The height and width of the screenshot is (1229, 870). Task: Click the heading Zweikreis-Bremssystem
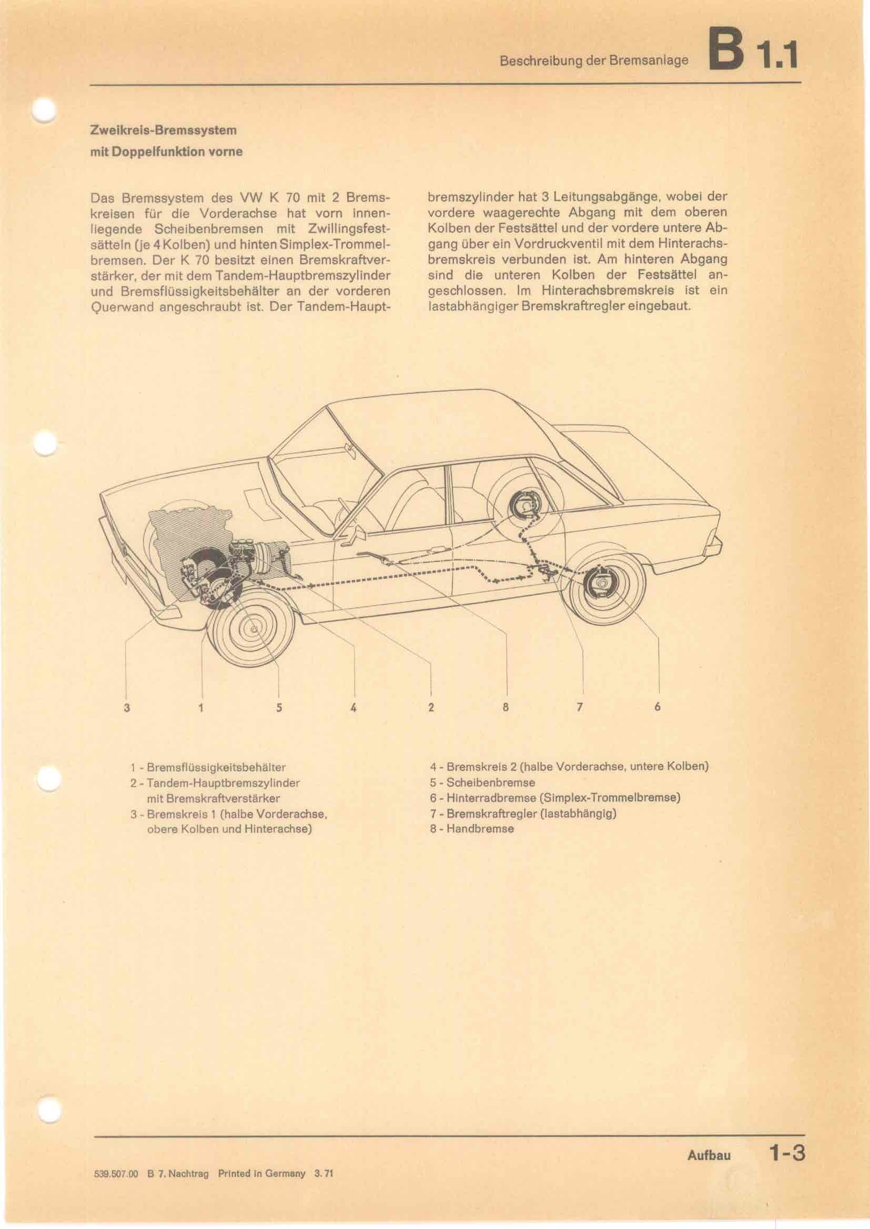pos(163,130)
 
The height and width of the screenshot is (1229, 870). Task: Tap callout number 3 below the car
pos(126,707)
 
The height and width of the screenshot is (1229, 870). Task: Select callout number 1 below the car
pos(201,707)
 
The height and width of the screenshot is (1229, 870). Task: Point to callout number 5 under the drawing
pos(279,707)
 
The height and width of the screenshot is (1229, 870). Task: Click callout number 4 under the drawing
pos(353,707)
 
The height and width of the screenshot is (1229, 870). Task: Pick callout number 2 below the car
pos(431,707)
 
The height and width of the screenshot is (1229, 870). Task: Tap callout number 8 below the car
pos(505,707)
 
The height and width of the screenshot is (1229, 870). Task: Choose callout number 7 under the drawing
pos(579,707)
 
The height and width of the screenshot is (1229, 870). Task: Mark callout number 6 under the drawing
pos(657,707)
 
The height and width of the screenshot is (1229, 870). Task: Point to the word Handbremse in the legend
pos(480,829)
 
